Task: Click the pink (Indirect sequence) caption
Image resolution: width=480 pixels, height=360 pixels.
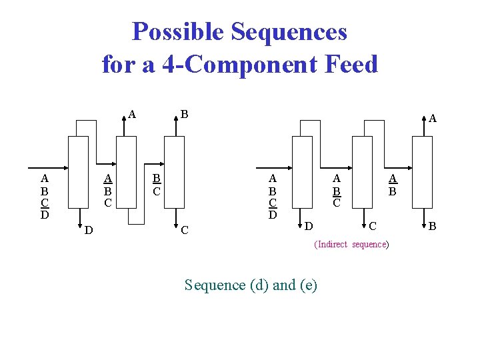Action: (x=351, y=245)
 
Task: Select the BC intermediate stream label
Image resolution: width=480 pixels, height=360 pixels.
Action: (x=156, y=184)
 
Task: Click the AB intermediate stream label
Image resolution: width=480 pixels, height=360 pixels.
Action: (x=393, y=184)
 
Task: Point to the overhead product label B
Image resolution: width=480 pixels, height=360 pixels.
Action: (x=185, y=114)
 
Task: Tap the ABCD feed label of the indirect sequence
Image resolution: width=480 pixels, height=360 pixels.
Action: (x=272, y=197)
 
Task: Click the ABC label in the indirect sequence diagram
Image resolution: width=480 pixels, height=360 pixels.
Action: (x=337, y=190)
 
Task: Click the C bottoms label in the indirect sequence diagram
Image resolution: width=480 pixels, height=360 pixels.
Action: (x=373, y=227)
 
